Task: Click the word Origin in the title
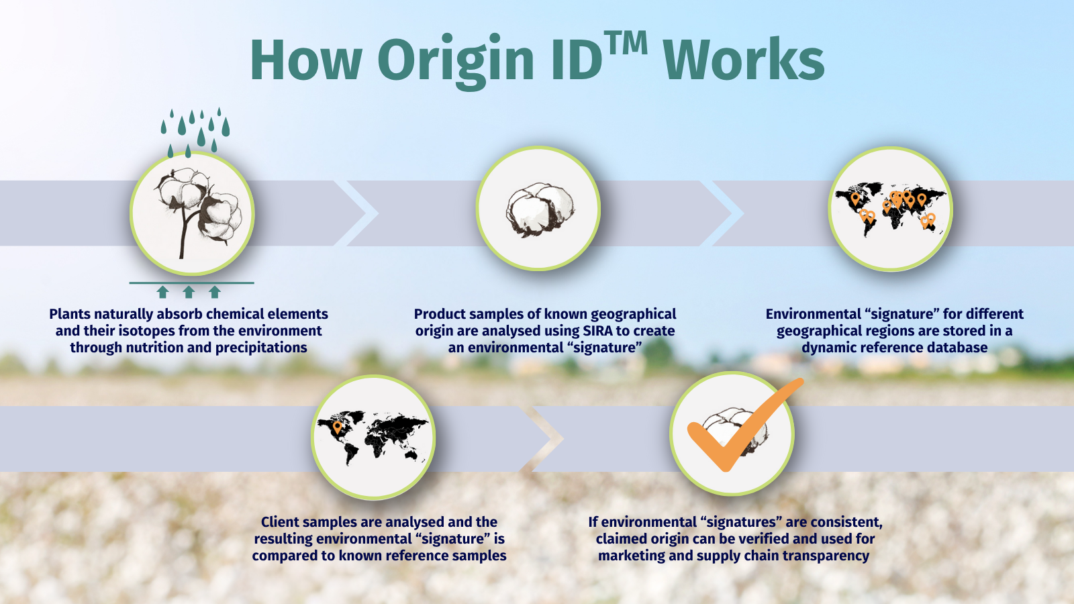coord(460,60)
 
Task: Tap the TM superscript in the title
coord(626,44)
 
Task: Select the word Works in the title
coord(743,60)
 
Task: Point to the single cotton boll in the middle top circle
coord(538,209)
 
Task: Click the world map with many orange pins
coord(890,209)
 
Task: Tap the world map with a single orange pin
coord(373,437)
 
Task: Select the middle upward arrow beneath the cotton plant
coord(189,291)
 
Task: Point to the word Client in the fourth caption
coord(281,522)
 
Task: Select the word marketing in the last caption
coord(631,556)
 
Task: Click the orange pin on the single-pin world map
coord(337,426)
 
